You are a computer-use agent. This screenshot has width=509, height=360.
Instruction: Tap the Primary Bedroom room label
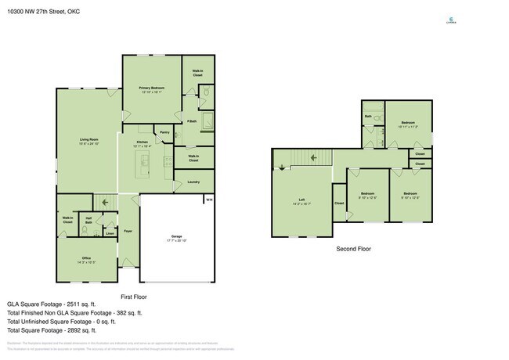click(150, 87)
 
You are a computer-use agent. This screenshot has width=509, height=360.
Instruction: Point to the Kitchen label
click(143, 141)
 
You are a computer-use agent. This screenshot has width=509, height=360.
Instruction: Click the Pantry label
click(164, 132)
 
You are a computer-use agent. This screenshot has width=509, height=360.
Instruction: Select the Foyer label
click(128, 231)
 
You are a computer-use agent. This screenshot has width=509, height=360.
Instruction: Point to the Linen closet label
click(110, 232)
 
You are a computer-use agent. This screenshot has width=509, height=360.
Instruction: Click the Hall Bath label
click(89, 220)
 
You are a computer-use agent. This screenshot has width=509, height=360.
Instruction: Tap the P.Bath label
click(191, 121)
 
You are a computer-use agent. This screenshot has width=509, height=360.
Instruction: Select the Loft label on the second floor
click(301, 199)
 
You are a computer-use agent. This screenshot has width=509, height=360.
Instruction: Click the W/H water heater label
click(208, 200)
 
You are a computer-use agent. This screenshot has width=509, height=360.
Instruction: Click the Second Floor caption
click(353, 248)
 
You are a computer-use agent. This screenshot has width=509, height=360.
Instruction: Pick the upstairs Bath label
click(368, 117)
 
